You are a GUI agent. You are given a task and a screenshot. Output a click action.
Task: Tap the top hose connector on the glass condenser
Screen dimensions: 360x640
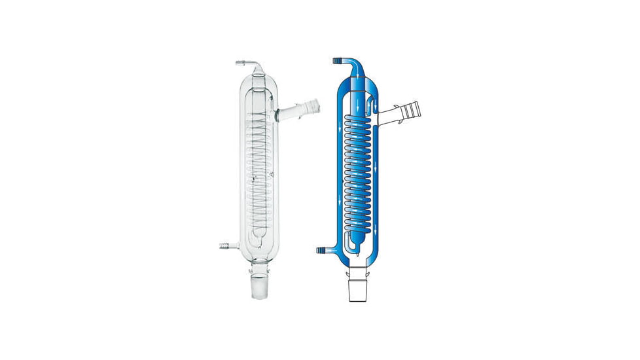[x=240, y=63]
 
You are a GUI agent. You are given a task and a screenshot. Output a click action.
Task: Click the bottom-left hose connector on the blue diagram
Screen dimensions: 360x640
[x=321, y=250]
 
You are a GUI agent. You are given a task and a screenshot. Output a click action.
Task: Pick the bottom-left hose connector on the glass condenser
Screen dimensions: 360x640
[x=223, y=247]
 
